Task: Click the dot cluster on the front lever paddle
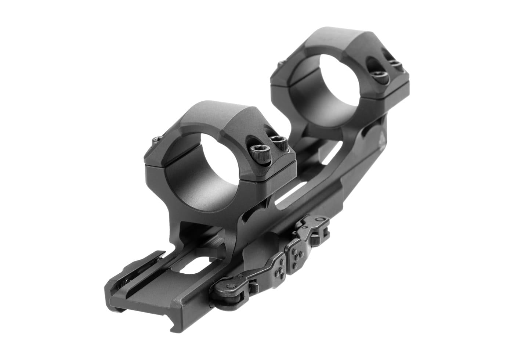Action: point(280,264)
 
